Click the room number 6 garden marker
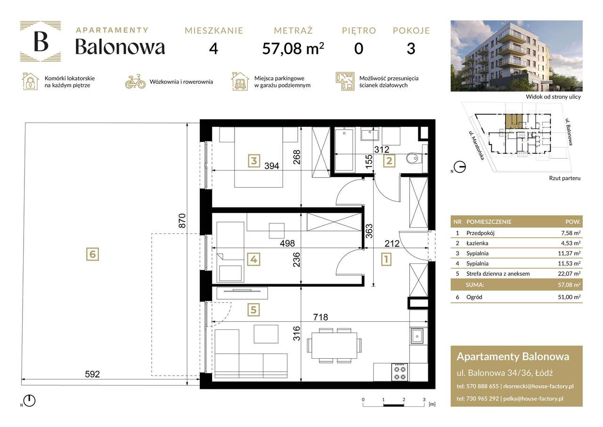pos(92,254)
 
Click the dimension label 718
pos(318,317)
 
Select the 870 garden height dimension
pos(183,221)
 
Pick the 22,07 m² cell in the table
pos(572,274)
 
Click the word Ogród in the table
pos(475,297)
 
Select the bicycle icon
pos(135,82)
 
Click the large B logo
pos(41,41)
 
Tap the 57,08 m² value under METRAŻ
pos(293,49)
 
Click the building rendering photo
pos(516,56)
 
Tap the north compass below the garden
pos(29,401)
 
